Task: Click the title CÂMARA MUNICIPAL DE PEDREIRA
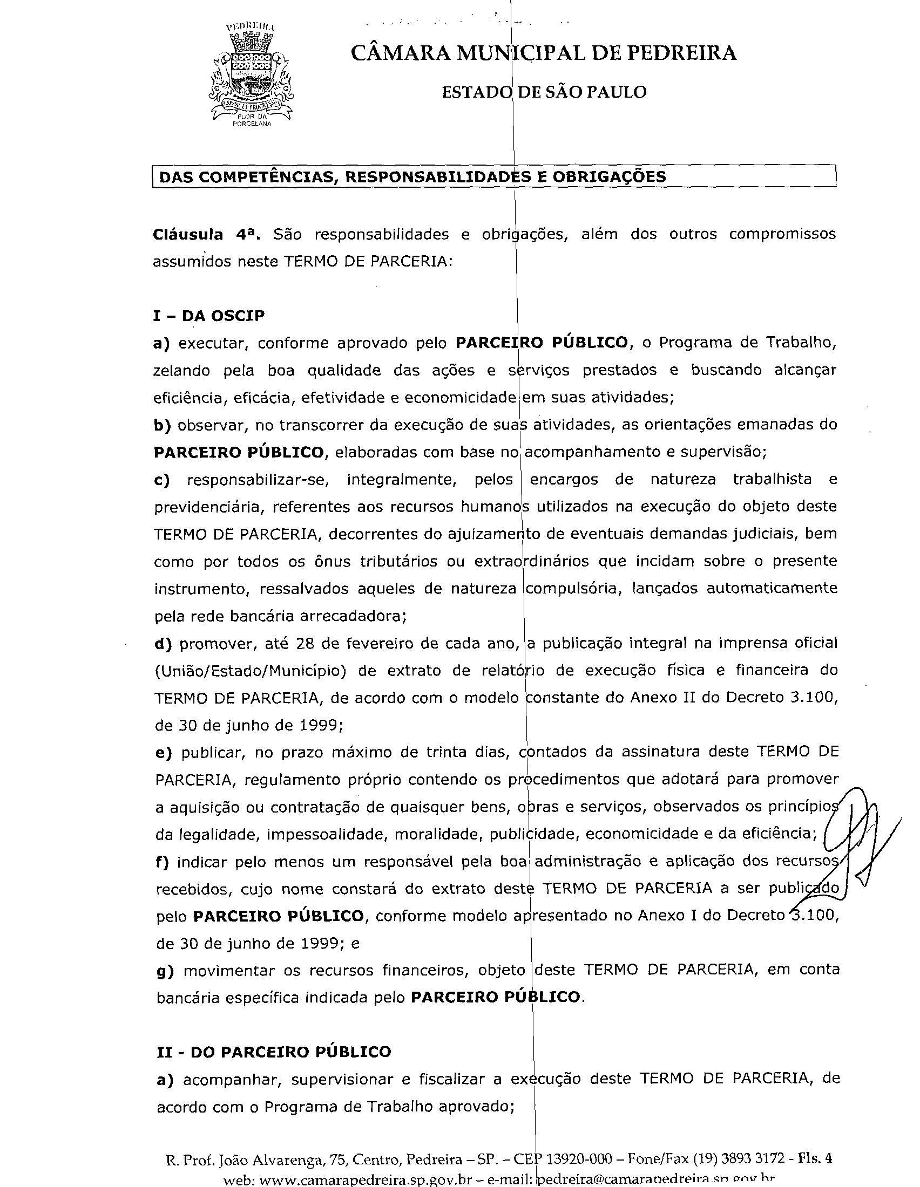click(543, 53)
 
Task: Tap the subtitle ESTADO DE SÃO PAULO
click(544, 92)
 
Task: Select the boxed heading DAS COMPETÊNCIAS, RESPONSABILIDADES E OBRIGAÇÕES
click(411, 177)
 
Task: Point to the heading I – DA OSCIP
click(209, 316)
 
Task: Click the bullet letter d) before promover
click(163, 644)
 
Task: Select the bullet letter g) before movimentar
click(164, 971)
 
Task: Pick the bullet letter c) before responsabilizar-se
click(162, 480)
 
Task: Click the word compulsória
click(573, 589)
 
